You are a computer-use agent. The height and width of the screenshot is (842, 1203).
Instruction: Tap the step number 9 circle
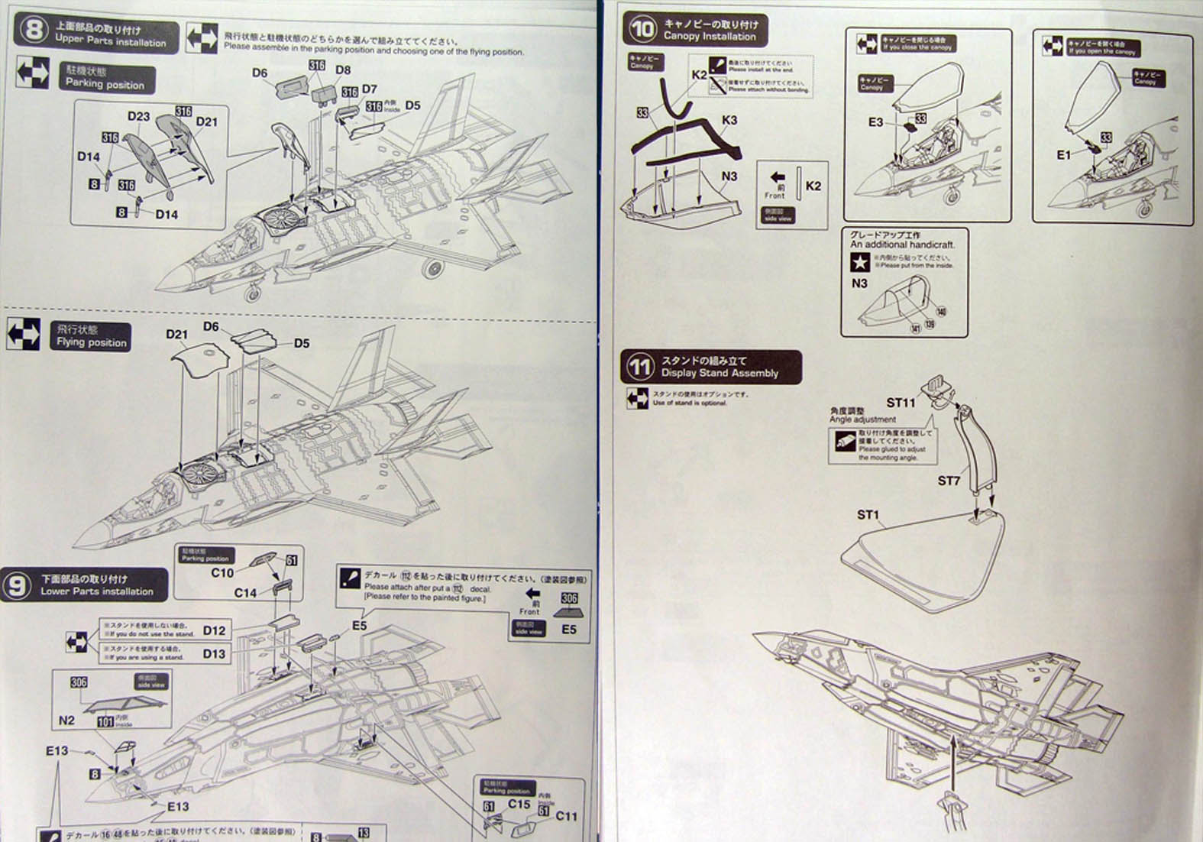[17, 585]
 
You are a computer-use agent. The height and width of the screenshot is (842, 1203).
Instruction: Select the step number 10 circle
[642, 30]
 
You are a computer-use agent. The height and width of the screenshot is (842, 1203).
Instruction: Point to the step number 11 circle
[640, 367]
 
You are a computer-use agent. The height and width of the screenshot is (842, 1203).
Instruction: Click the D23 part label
[139, 117]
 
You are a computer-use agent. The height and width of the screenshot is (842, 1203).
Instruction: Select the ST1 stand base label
[868, 515]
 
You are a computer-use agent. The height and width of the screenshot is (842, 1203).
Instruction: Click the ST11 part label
[901, 403]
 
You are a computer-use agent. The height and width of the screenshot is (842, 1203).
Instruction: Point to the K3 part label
[729, 120]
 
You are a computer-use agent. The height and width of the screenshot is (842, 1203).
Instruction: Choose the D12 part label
[214, 630]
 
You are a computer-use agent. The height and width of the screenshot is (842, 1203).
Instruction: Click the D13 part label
[214, 653]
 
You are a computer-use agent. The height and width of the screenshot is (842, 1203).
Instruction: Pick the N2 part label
[66, 721]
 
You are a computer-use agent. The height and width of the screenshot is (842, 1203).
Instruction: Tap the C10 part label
[222, 572]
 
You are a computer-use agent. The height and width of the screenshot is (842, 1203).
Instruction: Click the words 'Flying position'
[92, 342]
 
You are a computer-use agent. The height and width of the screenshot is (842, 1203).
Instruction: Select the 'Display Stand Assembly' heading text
[720, 373]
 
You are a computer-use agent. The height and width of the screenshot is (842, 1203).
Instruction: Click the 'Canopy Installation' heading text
[710, 36]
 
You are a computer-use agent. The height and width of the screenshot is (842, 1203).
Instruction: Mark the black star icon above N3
[859, 263]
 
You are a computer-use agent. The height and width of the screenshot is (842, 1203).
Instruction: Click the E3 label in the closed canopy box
[875, 121]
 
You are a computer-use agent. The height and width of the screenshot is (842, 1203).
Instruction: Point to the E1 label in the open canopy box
[1063, 154]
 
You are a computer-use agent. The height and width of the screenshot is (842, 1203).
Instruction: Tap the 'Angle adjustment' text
[862, 419]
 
